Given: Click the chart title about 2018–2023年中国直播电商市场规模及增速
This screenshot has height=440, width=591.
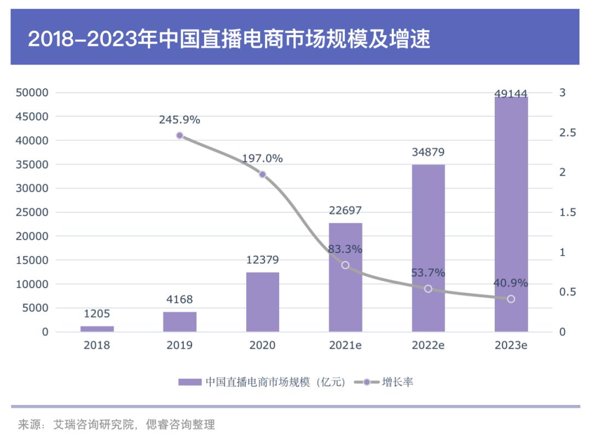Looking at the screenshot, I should (x=229, y=39).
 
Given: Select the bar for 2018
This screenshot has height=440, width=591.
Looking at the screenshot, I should (x=97, y=328).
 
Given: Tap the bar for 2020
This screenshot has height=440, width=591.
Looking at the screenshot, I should (x=263, y=302).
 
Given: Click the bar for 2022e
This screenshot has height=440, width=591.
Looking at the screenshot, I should (x=428, y=248).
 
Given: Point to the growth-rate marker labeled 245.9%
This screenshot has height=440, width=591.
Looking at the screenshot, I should (x=179, y=135).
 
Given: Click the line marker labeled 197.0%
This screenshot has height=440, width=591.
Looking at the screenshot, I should (x=262, y=175).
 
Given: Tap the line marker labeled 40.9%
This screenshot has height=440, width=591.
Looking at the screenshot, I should (x=511, y=299).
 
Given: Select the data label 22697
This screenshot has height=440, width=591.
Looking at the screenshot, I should (x=345, y=211).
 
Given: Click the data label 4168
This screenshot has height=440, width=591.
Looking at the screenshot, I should (x=179, y=299).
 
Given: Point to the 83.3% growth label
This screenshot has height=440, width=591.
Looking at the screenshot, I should (x=345, y=250).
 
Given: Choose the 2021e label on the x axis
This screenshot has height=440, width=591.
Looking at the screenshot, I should (x=345, y=346).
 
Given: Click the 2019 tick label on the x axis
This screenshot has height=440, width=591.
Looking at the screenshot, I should (x=179, y=346).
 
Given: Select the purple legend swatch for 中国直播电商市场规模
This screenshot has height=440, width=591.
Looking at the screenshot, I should (x=190, y=382).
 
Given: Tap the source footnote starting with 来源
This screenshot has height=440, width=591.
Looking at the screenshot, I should (x=117, y=424).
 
